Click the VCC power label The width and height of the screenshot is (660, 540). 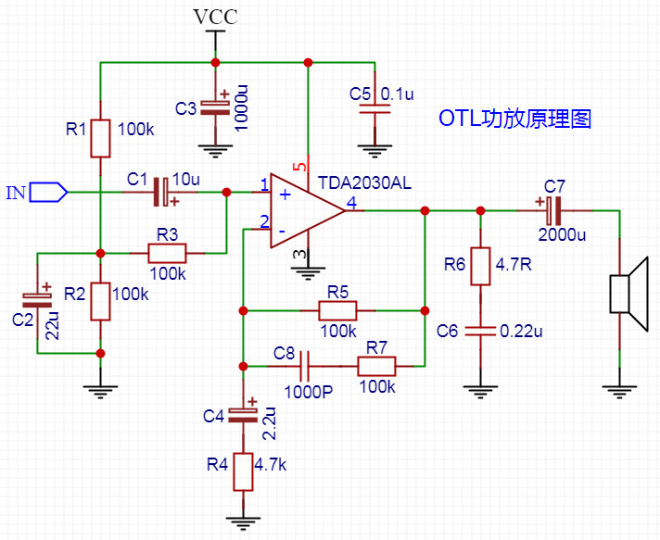215,18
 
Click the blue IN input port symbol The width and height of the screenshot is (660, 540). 48,193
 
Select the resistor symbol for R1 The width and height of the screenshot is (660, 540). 101,138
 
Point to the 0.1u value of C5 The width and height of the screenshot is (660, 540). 397,94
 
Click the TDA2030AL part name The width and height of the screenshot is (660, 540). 364,183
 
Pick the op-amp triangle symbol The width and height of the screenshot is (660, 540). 308,210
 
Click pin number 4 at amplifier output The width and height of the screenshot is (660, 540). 351,203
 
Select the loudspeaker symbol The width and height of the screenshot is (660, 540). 628,294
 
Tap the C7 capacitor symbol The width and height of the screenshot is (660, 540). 553,210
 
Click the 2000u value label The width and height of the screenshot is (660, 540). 562,234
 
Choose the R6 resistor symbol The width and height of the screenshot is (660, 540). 480,266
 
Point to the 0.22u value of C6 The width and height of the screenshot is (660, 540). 521,332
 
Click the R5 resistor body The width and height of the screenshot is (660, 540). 337,311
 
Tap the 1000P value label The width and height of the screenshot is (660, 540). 309,392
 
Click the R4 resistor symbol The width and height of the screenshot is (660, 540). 243,471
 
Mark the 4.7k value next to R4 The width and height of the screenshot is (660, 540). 271,465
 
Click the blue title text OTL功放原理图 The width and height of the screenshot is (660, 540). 515,119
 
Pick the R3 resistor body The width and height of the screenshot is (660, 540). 167,253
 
